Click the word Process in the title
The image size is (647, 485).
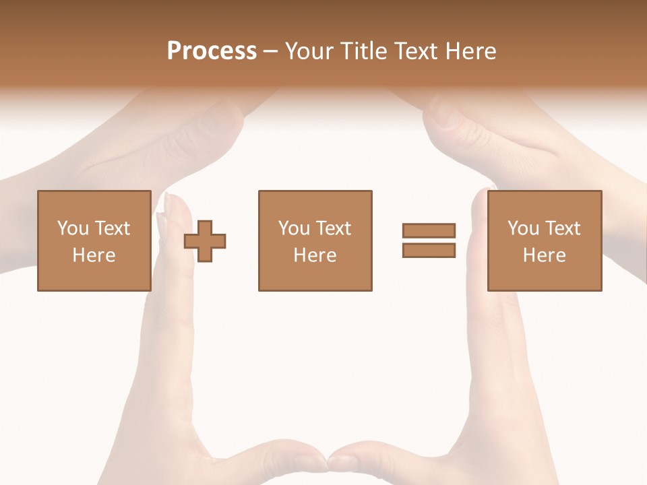212,51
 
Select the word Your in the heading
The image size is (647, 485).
311,51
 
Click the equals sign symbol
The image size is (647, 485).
429,240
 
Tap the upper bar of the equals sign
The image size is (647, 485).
429,231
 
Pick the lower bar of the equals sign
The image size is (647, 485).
429,250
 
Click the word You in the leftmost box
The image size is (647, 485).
73,228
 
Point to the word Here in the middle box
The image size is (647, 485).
315,255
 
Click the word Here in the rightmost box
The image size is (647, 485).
544,255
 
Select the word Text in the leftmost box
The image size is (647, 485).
112,228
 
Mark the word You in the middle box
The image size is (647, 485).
294,228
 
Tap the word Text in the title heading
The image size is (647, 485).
415,51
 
